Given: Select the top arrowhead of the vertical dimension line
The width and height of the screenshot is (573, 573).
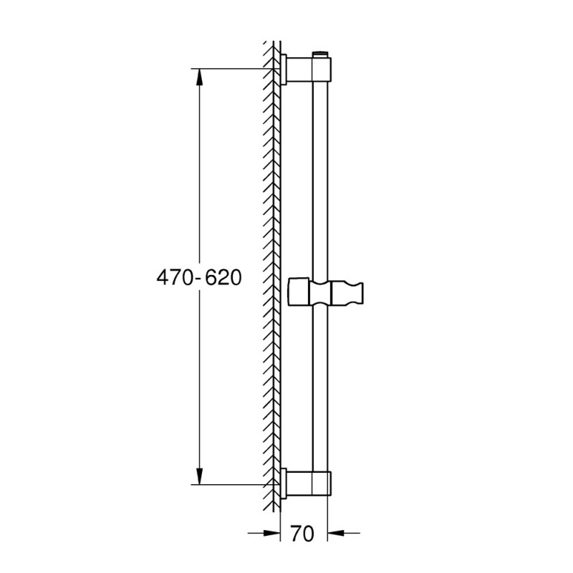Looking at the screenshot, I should pos(199,76).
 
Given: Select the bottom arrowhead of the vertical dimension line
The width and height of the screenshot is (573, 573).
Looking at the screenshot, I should pos(199,477).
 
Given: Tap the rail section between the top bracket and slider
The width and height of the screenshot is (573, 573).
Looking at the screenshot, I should pos(321,179).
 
